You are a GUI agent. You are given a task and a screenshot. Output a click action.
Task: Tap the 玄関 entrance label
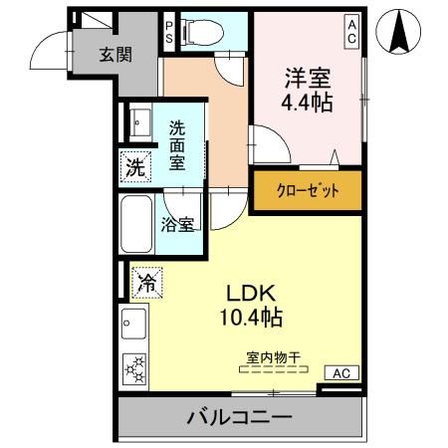(114, 56)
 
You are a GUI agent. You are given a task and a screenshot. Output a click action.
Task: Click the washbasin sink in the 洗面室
(135, 121)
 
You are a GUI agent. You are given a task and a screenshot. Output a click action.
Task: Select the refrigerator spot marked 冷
(145, 283)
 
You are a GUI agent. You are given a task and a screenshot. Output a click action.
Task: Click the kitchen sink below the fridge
(133, 324)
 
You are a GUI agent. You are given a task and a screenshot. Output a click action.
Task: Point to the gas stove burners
(132, 369)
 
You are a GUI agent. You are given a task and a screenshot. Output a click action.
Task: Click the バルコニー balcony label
(238, 417)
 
